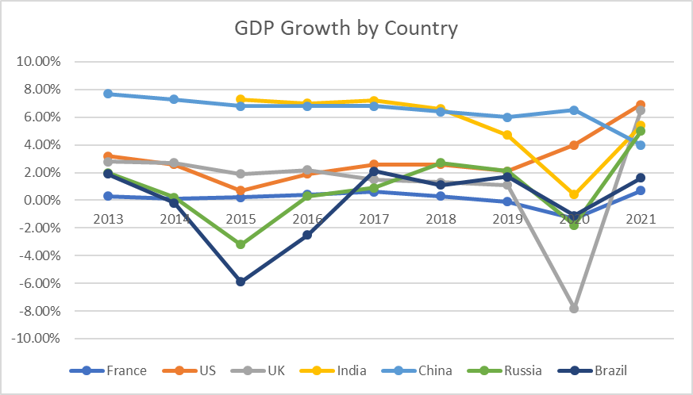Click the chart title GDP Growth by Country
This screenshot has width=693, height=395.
pyautogui.click(x=346, y=29)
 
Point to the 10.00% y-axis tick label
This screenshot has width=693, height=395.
pyautogui.click(x=50, y=62)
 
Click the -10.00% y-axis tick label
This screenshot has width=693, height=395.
pyautogui.click(x=48, y=339)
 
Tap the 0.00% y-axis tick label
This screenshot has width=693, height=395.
pyautogui.click(x=52, y=200)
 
